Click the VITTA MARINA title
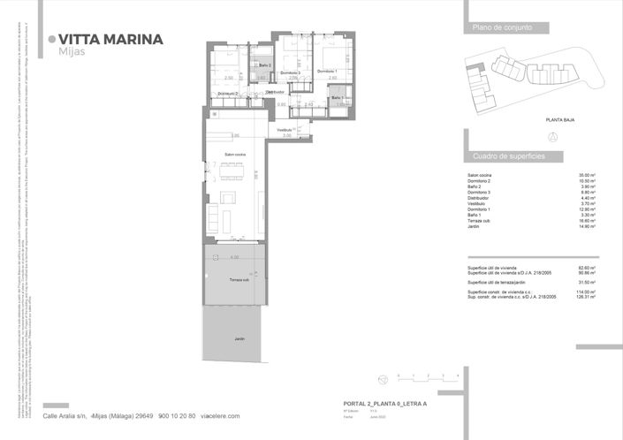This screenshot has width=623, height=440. click(110, 39)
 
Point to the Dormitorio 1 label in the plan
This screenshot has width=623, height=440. click(330, 72)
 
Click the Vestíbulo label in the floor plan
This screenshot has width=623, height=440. click(284, 130)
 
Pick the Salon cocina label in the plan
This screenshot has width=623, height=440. click(234, 155)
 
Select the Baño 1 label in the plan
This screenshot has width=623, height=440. click(338, 98)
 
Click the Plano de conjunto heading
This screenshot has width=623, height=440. click(501, 29)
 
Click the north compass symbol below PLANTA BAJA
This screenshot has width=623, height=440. click(552, 136)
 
